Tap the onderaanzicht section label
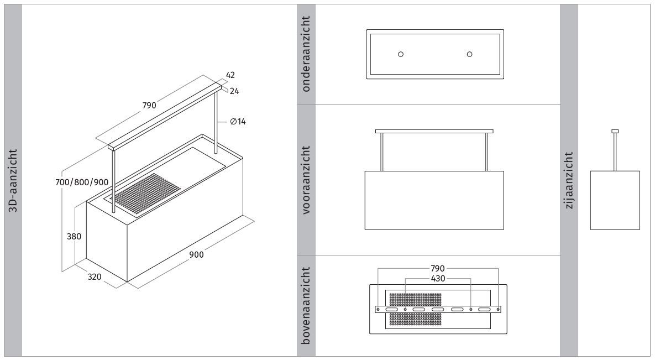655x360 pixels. click(x=306, y=54)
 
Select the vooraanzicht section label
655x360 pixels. click(x=306, y=180)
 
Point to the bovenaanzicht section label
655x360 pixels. click(x=306, y=306)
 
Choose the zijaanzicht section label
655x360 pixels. click(x=569, y=180)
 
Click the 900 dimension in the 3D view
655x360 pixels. click(x=196, y=255)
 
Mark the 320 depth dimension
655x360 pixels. click(x=95, y=276)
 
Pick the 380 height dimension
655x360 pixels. click(x=74, y=236)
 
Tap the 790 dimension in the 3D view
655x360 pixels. click(x=149, y=105)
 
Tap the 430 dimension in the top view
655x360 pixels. click(x=437, y=278)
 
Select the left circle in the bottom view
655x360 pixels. click(x=401, y=54)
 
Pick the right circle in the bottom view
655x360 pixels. click(x=469, y=54)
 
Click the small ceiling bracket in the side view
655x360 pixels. click(x=615, y=131)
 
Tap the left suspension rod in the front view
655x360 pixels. click(x=381, y=152)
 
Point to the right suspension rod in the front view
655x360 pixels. click(x=487, y=152)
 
